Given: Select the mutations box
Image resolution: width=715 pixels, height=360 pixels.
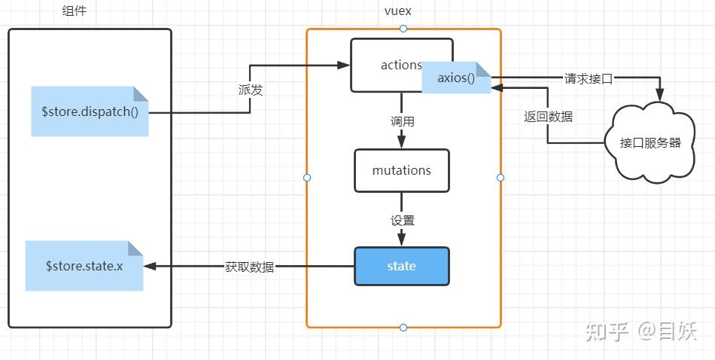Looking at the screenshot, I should click(402, 170).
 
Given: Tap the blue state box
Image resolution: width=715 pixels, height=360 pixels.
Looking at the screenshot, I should click(402, 266).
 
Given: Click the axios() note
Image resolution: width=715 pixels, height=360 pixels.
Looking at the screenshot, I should click(456, 78).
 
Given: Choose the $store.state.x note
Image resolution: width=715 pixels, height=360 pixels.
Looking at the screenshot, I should click(84, 266).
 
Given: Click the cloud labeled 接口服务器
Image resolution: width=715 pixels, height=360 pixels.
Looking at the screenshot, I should click(650, 142).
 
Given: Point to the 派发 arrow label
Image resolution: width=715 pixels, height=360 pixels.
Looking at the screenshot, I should click(250, 89).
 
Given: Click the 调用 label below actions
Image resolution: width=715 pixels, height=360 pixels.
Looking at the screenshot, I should click(402, 121).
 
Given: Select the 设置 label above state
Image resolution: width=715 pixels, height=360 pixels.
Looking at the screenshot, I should click(402, 220).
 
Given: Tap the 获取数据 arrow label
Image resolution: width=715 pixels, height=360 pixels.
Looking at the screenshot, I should click(249, 267).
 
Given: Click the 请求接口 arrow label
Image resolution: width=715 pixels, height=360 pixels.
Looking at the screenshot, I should click(589, 78).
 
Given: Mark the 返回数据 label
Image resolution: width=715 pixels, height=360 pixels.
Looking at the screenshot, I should click(548, 117).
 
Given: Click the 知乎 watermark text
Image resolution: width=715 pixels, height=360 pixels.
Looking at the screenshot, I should click(607, 331).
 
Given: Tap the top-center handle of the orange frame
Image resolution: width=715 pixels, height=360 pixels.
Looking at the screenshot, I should click(403, 29).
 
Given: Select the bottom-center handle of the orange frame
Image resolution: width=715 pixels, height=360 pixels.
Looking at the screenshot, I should click(403, 328).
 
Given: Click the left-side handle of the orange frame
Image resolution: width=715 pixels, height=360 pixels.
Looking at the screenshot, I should click(306, 178).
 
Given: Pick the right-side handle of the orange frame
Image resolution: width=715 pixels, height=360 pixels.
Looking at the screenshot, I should click(500, 178).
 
